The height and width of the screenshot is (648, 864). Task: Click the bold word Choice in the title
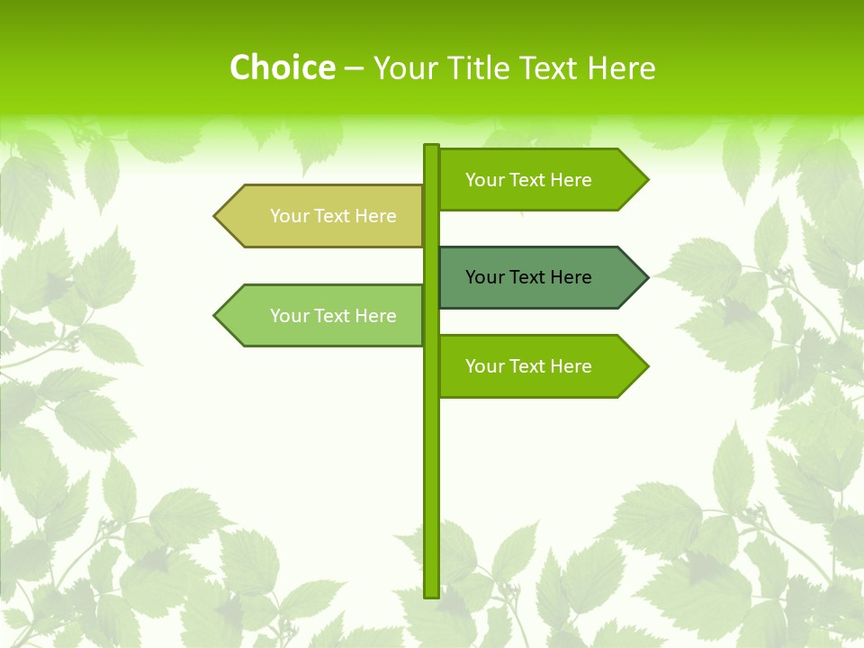pos(282,67)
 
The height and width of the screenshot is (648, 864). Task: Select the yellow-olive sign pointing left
pos(324,216)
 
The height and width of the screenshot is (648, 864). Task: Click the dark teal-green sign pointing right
pos(540,277)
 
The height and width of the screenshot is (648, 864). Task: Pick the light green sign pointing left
pos(324,315)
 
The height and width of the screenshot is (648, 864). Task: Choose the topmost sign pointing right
pos(540,179)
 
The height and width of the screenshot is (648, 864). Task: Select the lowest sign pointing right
pos(540,365)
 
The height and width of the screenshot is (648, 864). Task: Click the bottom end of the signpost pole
pos(432,593)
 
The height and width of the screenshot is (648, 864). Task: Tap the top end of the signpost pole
pos(432,148)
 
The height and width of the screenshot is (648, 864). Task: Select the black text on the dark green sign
pos(528,277)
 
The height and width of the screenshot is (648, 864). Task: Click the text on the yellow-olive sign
pos(333,216)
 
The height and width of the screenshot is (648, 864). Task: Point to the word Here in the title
pos(622,67)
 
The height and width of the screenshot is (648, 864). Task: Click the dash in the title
pos(354,67)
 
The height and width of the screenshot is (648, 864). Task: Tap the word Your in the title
pos(405,67)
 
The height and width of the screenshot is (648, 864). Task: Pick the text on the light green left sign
pos(333,316)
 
